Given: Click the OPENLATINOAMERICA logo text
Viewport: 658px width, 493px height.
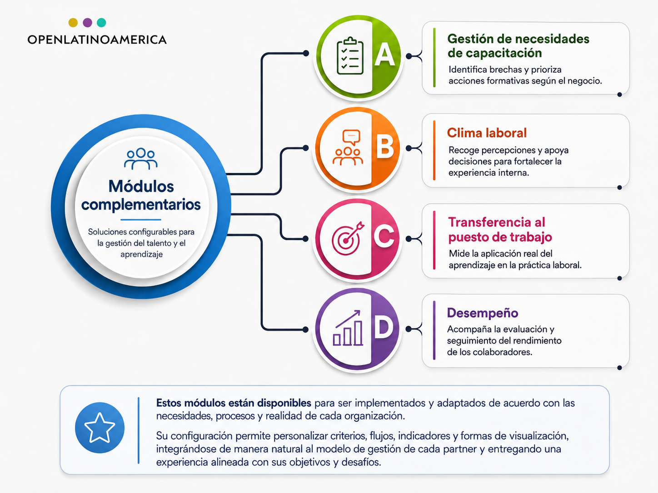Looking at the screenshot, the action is click(97, 39).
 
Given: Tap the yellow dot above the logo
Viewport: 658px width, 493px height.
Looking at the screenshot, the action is click(73, 22).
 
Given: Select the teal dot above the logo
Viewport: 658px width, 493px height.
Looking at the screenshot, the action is click(101, 22).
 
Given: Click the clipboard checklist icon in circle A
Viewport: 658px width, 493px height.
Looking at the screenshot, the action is click(350, 56).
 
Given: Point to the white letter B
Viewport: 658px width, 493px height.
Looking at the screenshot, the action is click(385, 146).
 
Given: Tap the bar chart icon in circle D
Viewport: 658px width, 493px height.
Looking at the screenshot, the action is click(348, 328).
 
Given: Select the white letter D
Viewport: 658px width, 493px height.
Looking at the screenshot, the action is click(384, 328).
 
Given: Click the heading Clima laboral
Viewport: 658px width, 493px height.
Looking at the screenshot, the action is click(487, 133).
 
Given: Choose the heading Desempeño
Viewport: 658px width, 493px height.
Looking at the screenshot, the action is click(482, 313).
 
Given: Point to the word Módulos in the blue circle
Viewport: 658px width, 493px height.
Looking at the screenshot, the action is click(141, 186).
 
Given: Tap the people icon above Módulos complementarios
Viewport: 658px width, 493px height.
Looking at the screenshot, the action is click(140, 158).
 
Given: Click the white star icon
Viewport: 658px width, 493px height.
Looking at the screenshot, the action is click(100, 428).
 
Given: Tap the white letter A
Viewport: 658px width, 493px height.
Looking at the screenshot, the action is click(384, 54).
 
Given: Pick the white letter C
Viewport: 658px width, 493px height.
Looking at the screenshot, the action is click(384, 236).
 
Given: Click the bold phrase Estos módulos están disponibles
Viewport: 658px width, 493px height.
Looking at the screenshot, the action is click(234, 403).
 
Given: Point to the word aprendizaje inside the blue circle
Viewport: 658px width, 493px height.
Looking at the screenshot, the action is click(141, 254).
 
